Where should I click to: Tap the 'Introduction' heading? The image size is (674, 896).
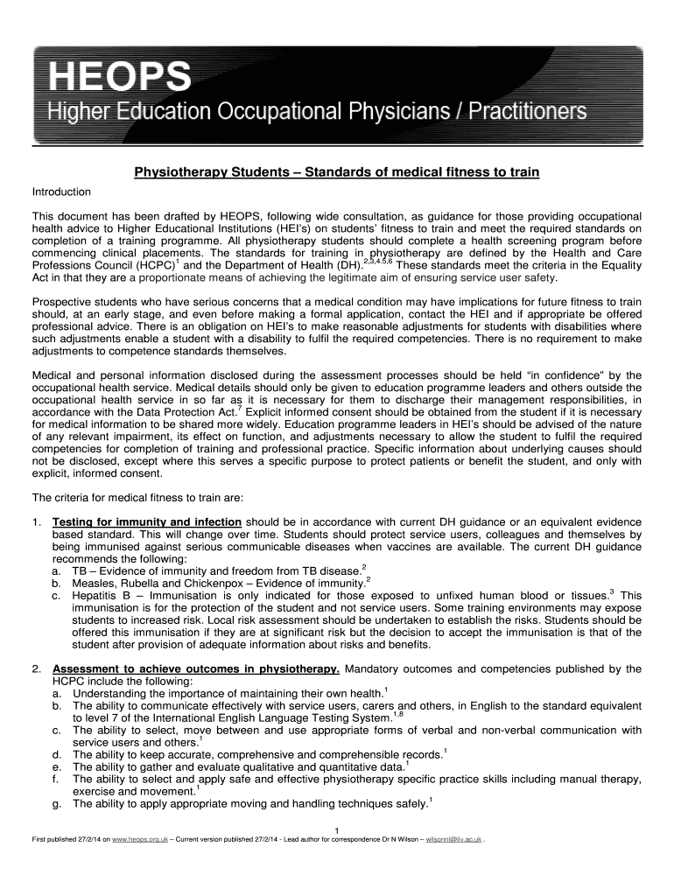[61, 192]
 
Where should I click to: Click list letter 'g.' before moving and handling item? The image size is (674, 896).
[57, 803]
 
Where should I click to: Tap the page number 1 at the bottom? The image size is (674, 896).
[337, 830]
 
